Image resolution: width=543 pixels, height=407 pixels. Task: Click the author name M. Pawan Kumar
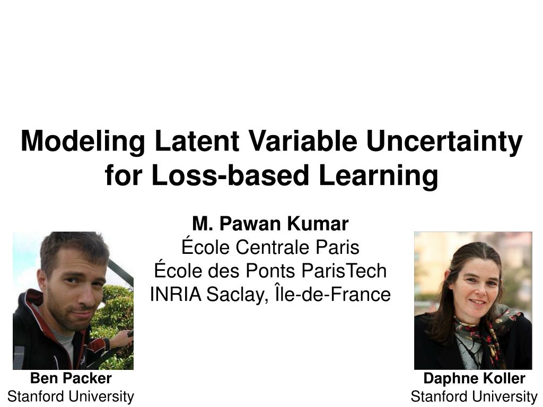270,224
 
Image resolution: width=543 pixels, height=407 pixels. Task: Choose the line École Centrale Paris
270,247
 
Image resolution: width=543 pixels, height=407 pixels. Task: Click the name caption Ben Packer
71,378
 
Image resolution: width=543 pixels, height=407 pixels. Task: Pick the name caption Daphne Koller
474,378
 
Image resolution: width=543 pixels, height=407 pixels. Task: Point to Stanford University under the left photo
71,396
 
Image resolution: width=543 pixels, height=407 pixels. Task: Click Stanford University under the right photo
474,396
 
